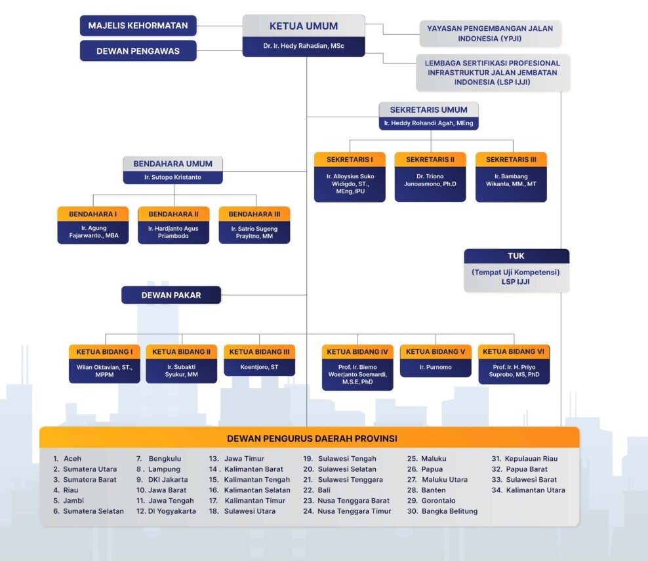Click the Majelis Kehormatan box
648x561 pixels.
[138, 26]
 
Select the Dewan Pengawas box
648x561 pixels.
[138, 50]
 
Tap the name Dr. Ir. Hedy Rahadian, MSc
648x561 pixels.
[304, 46]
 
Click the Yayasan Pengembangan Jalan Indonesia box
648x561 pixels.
[490, 33]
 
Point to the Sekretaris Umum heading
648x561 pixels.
[428, 109]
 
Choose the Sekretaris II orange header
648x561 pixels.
[430, 159]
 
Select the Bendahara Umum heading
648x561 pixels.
[173, 164]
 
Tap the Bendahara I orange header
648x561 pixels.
[93, 214]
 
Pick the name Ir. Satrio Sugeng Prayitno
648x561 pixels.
[254, 232]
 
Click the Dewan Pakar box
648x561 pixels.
[171, 295]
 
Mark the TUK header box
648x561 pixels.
[516, 256]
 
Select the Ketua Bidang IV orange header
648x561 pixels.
[357, 352]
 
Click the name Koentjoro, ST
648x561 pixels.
[259, 367]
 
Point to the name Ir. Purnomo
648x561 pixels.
[435, 367]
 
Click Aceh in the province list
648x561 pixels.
[72, 459]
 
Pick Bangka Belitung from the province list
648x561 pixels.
[449, 511]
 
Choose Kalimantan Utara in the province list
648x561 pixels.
[535, 490]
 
